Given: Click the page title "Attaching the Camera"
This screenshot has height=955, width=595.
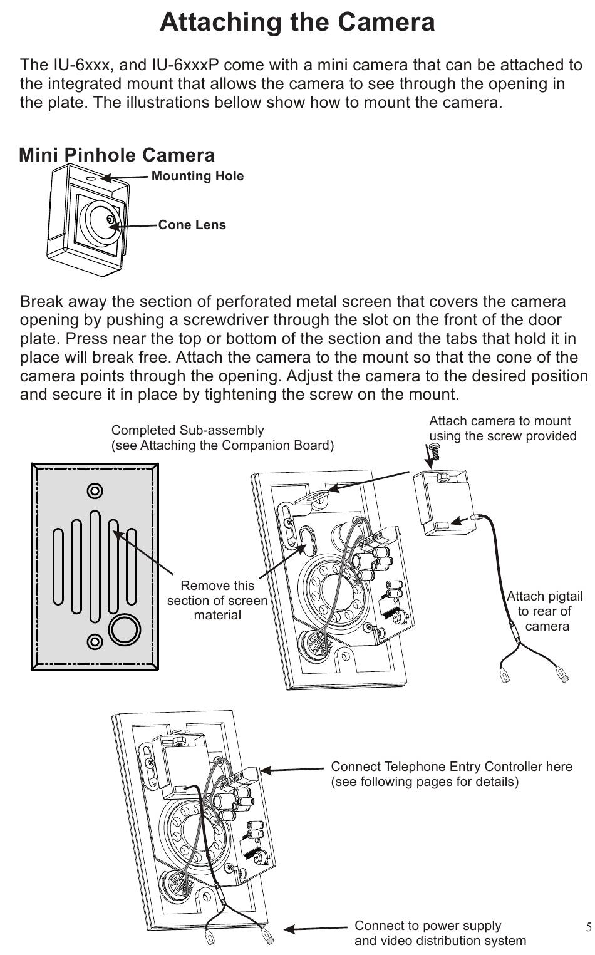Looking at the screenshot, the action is tap(297, 22).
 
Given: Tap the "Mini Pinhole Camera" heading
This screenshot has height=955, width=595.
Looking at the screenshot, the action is tap(117, 155).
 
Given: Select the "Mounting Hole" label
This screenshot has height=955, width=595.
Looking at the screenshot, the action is tap(197, 176).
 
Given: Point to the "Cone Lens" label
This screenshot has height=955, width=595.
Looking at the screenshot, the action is tap(192, 225).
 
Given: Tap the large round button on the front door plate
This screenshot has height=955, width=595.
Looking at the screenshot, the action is tap(125, 629).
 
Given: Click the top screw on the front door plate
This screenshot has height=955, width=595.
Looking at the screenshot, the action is tap(95, 491).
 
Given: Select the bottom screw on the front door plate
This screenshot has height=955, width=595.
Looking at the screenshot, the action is tap(95, 642).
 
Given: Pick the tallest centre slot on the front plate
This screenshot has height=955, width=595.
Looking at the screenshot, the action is tap(95, 566).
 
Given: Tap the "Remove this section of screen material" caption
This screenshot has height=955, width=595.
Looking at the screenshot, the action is tap(217, 600).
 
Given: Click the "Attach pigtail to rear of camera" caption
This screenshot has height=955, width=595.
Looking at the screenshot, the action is tap(545, 611).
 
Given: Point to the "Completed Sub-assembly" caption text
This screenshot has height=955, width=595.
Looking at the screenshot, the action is tap(188, 430).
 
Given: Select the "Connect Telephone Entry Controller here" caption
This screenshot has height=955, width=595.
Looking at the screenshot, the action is tap(452, 766).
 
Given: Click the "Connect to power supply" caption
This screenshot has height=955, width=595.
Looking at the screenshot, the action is tap(428, 926).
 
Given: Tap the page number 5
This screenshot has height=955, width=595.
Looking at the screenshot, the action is tap(589, 927).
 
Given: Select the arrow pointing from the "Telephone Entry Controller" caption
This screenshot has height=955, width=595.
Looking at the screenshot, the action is tap(292, 770).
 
